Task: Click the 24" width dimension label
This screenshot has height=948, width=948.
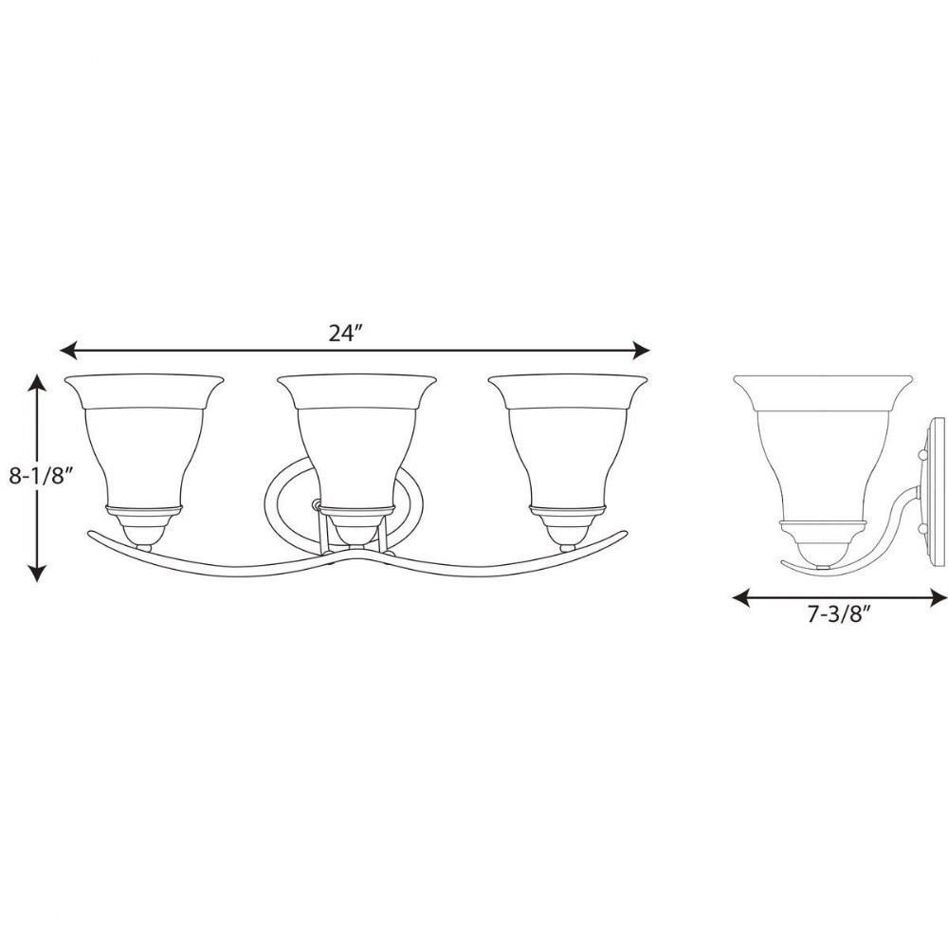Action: point(345,333)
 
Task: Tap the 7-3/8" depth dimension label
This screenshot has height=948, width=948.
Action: point(839,614)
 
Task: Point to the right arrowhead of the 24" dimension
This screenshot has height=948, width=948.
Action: point(641,350)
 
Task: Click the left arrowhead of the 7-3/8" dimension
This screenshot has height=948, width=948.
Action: point(741,598)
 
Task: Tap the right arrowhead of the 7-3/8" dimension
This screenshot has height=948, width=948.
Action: point(939,598)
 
